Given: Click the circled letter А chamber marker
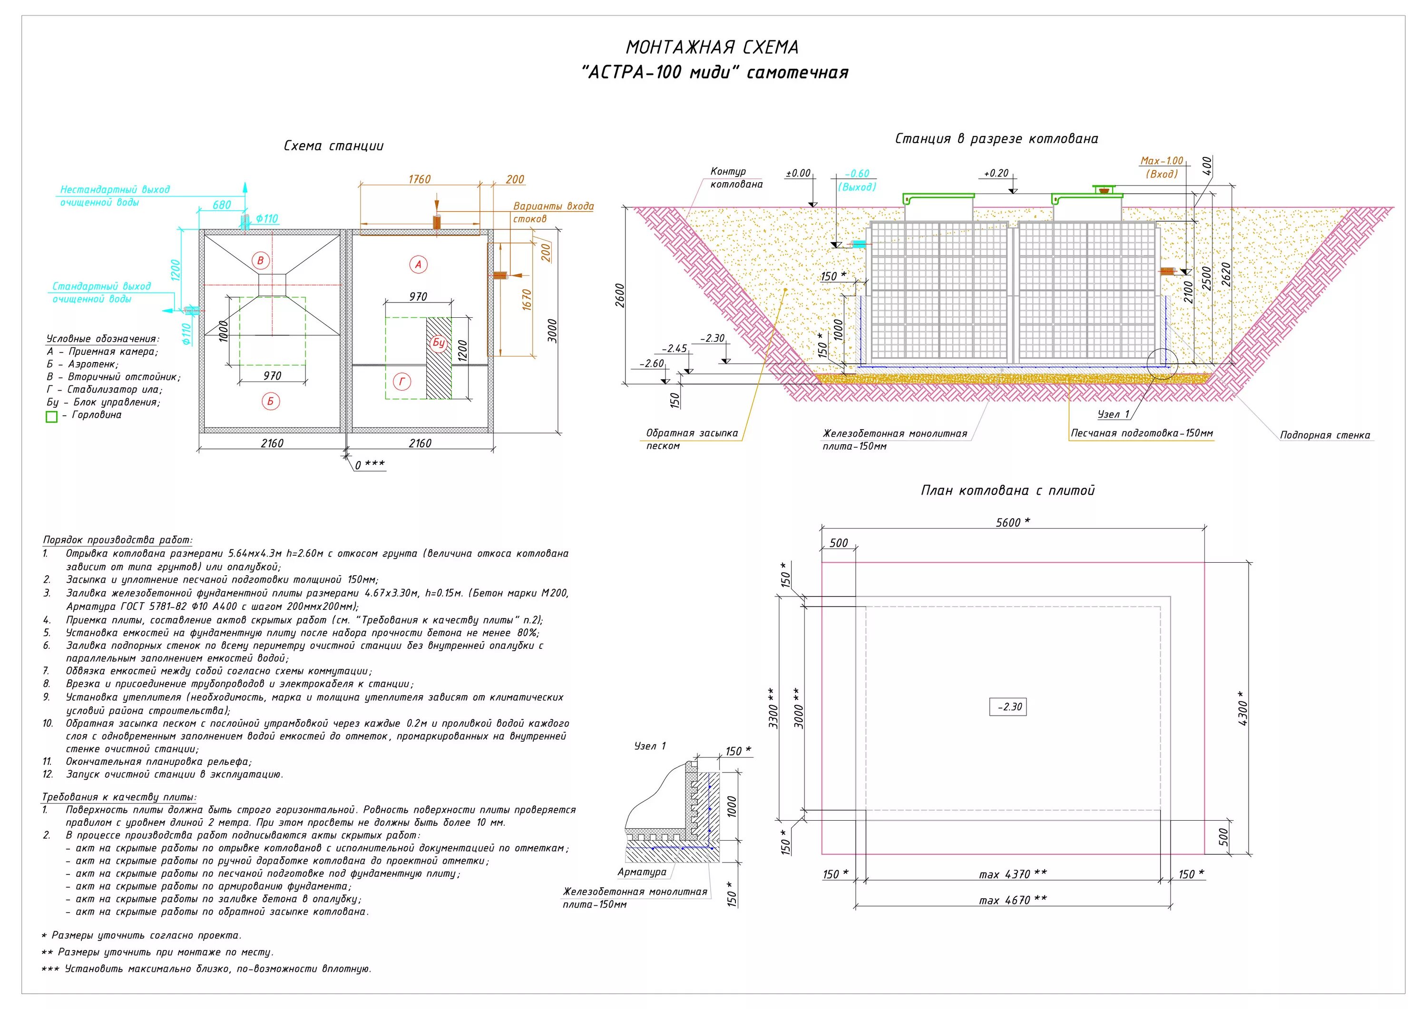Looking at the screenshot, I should point(418,265).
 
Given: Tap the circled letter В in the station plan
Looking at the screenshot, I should point(261,261).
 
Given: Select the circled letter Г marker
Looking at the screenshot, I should point(402,382).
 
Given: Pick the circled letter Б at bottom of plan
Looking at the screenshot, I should point(270,402).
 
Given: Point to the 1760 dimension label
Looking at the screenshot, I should point(420,179).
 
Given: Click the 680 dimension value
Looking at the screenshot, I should point(221,205).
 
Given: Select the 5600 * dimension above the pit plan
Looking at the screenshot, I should point(1012,522).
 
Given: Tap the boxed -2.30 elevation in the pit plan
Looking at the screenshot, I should point(1007,707).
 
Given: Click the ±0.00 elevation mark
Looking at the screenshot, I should point(798,174).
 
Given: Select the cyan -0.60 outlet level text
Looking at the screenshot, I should point(857,174).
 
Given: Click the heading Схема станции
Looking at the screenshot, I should point(334,146).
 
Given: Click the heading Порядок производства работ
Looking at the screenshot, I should point(117,540).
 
